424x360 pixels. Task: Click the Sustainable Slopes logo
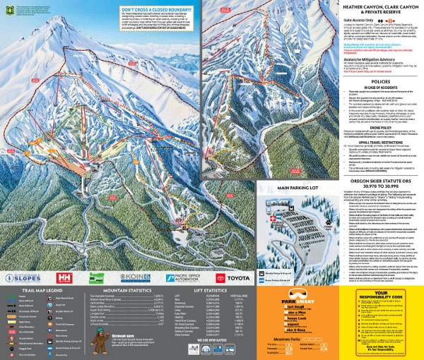click(x=22, y=278)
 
